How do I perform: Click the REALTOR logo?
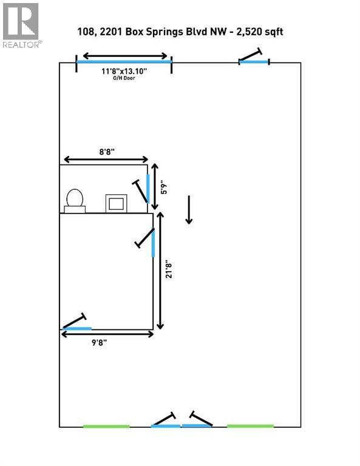pyautogui.click(x=21, y=25)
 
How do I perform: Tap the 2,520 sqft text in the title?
pyautogui.click(x=259, y=32)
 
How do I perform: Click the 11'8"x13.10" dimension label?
pyautogui.click(x=124, y=72)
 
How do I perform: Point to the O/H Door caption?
pyautogui.click(x=124, y=78)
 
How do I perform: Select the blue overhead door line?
pyautogui.click(x=124, y=61)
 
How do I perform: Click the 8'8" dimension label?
pyautogui.click(x=107, y=152)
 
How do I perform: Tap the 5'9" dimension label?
pyautogui.click(x=163, y=188)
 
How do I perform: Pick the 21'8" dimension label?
pyautogui.click(x=169, y=271)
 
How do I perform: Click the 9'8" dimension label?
pyautogui.click(x=99, y=343)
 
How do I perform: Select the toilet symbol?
pyautogui.click(x=75, y=201)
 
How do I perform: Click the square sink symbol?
pyautogui.click(x=116, y=204)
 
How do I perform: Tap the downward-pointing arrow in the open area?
pyautogui.click(x=189, y=209)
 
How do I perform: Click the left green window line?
pyautogui.click(x=106, y=426)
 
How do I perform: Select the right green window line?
pyautogui.click(x=250, y=426)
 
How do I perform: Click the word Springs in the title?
pyautogui.click(x=165, y=32)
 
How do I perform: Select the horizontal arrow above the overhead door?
pyautogui.click(x=125, y=56)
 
